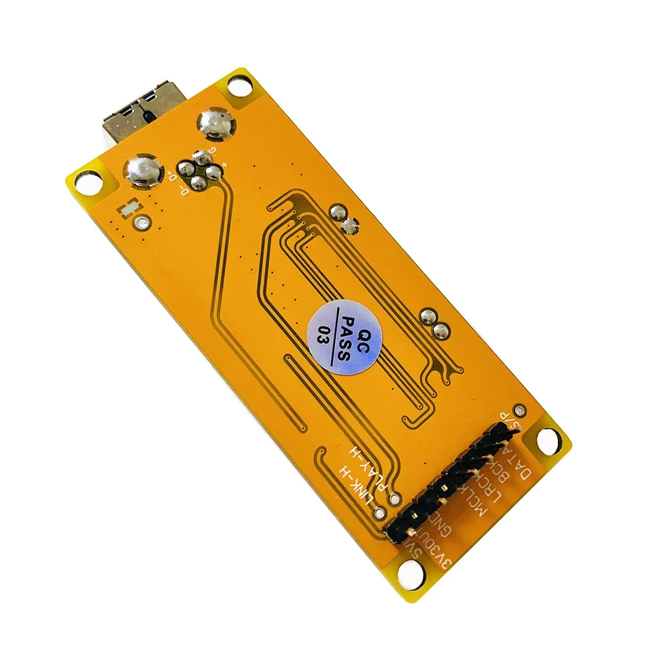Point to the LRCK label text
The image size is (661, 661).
[494, 490]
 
